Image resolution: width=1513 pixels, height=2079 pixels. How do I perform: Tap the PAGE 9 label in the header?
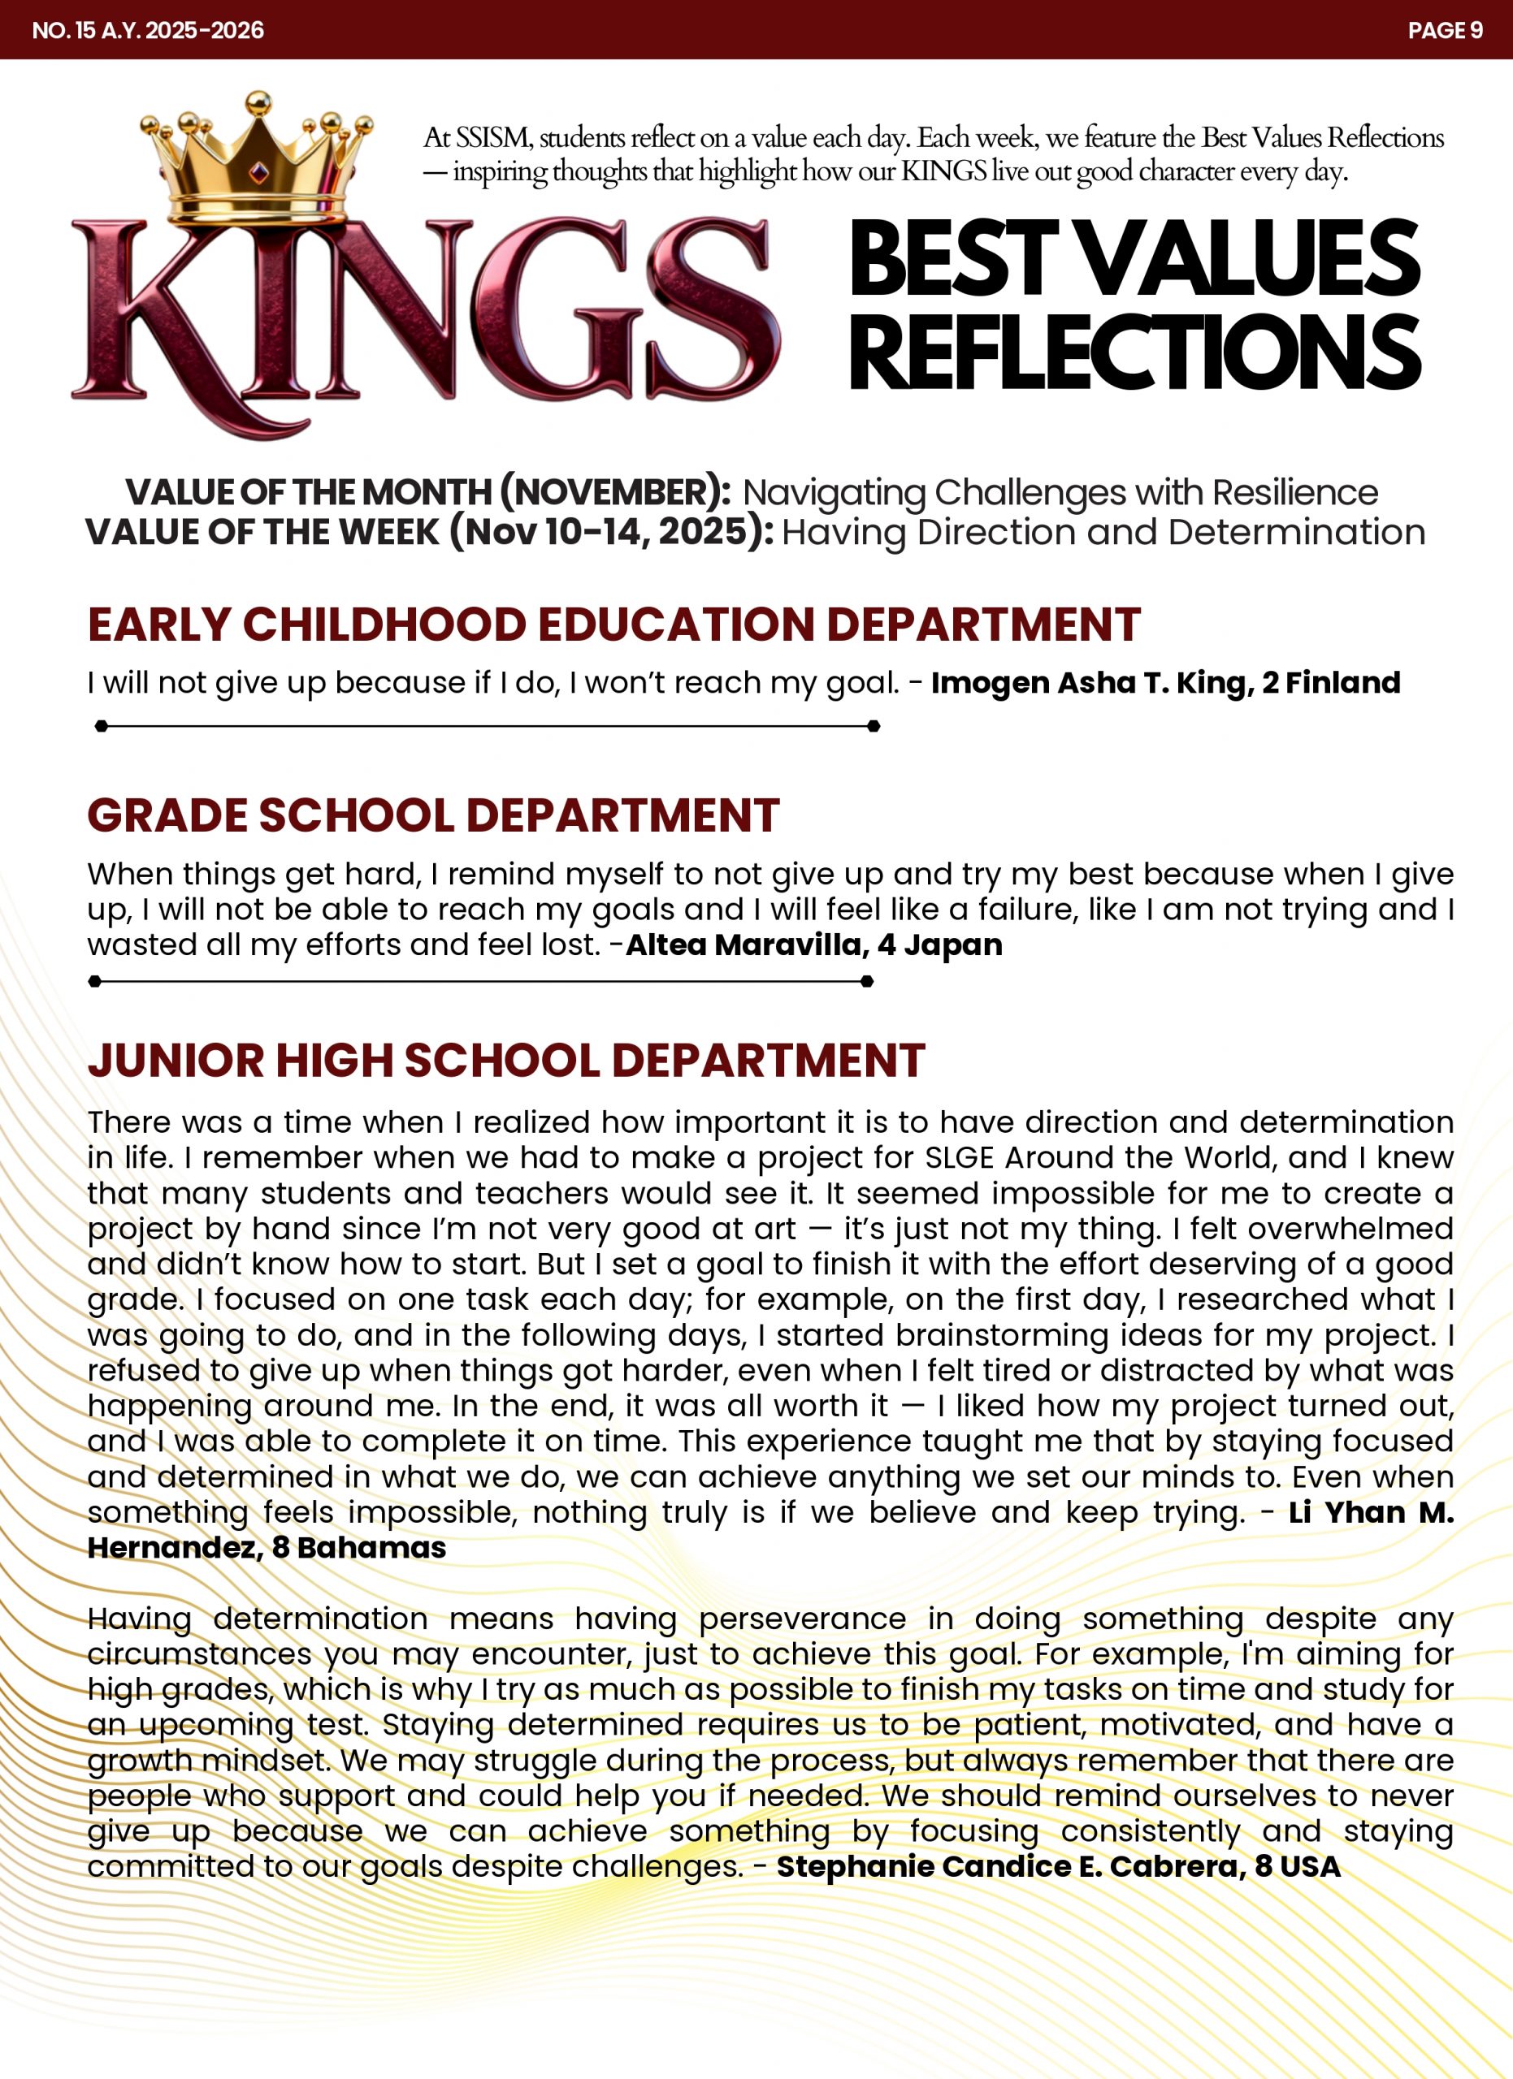point(1444,30)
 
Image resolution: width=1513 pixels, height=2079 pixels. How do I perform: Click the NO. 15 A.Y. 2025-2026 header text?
point(148,30)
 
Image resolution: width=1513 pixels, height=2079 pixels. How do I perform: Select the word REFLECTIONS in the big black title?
point(1134,352)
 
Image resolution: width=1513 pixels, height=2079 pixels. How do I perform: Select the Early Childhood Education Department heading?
point(613,625)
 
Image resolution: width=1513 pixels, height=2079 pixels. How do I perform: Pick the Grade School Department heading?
point(433,815)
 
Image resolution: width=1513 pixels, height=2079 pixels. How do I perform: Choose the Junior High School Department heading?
point(505,1061)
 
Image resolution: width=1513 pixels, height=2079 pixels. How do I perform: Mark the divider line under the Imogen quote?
point(487,726)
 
